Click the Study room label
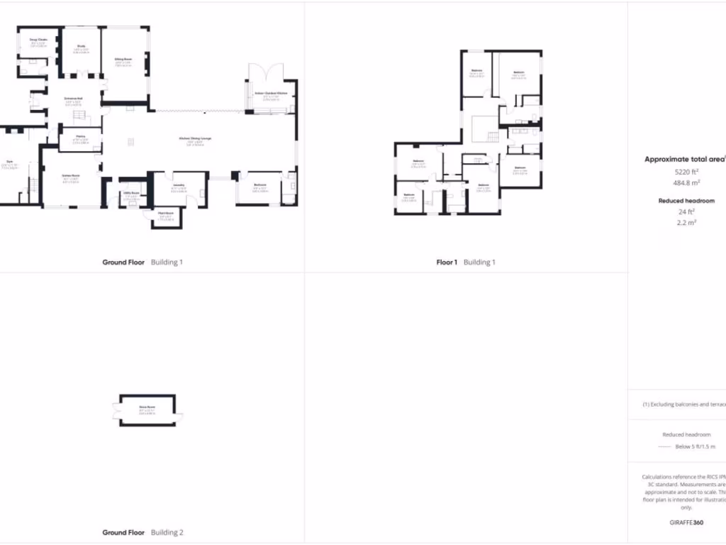point(81,46)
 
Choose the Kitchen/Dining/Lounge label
point(195,138)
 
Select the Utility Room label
point(130,192)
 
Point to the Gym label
point(10,162)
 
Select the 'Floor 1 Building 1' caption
point(465,263)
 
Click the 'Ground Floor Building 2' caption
point(143,532)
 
